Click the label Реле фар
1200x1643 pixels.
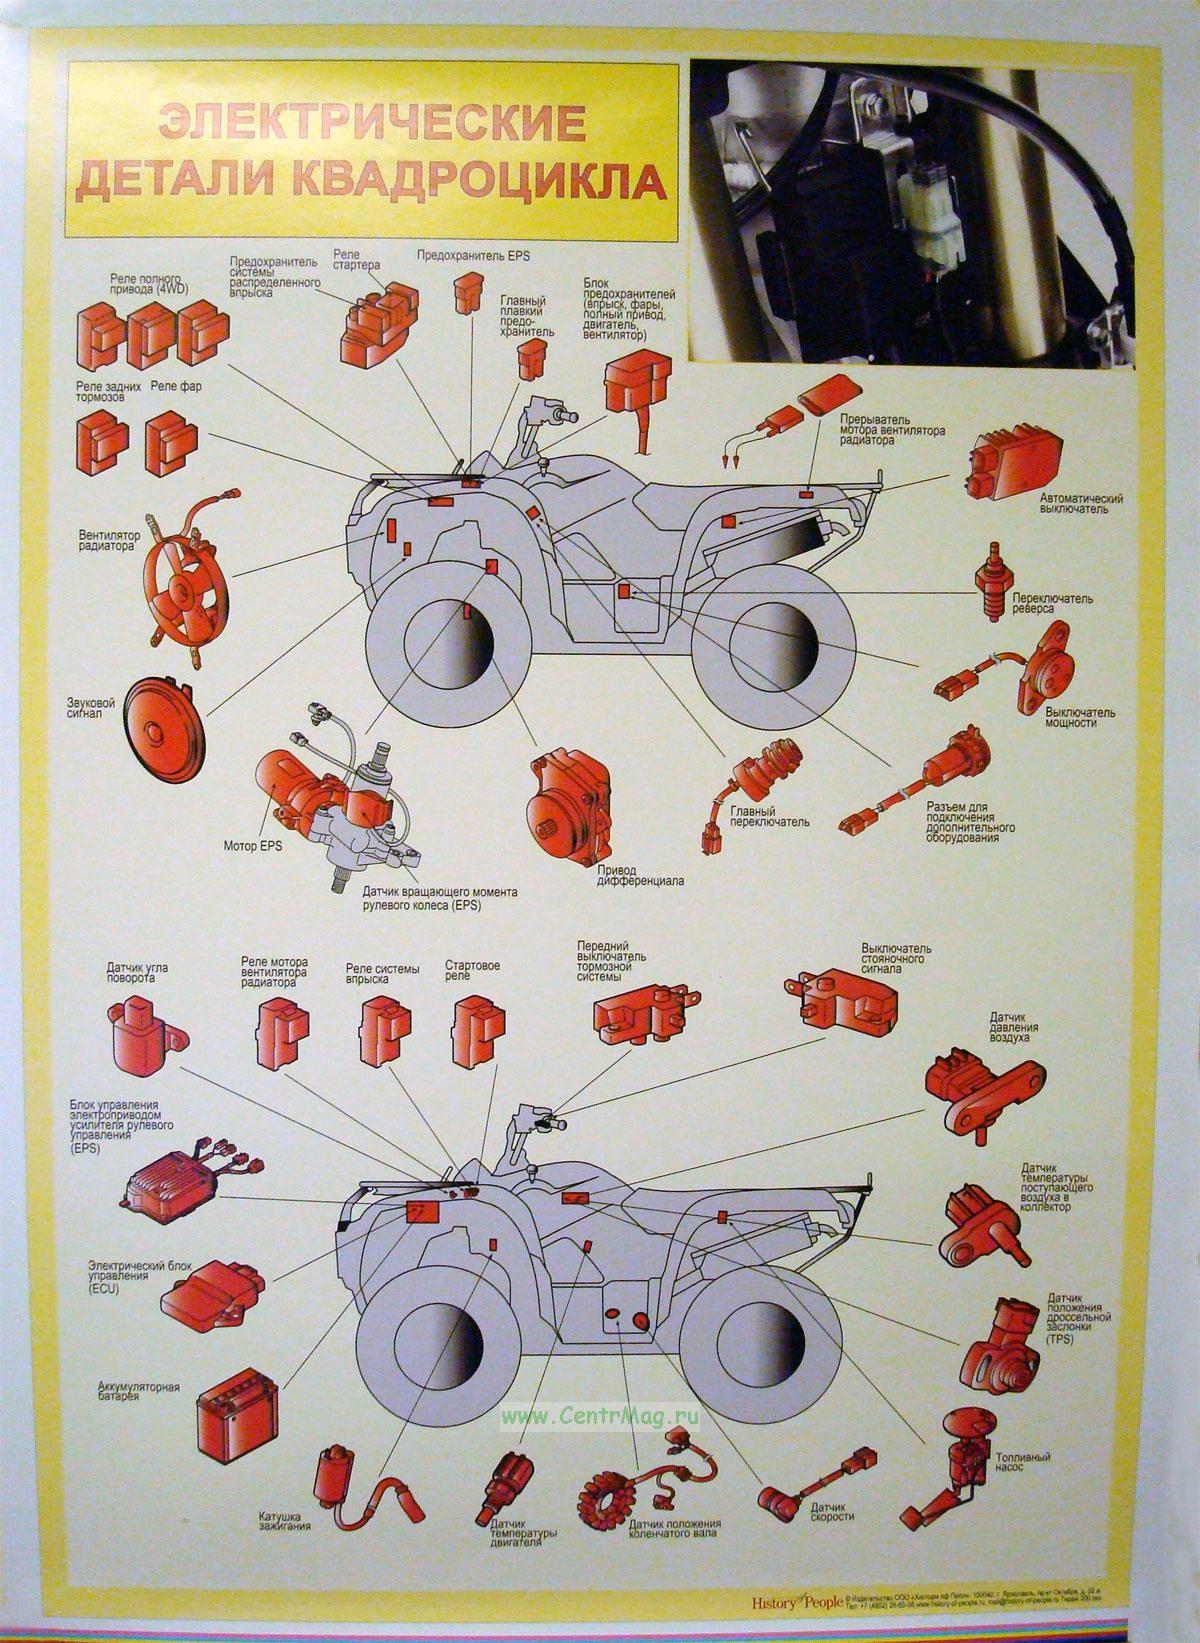point(176,386)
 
